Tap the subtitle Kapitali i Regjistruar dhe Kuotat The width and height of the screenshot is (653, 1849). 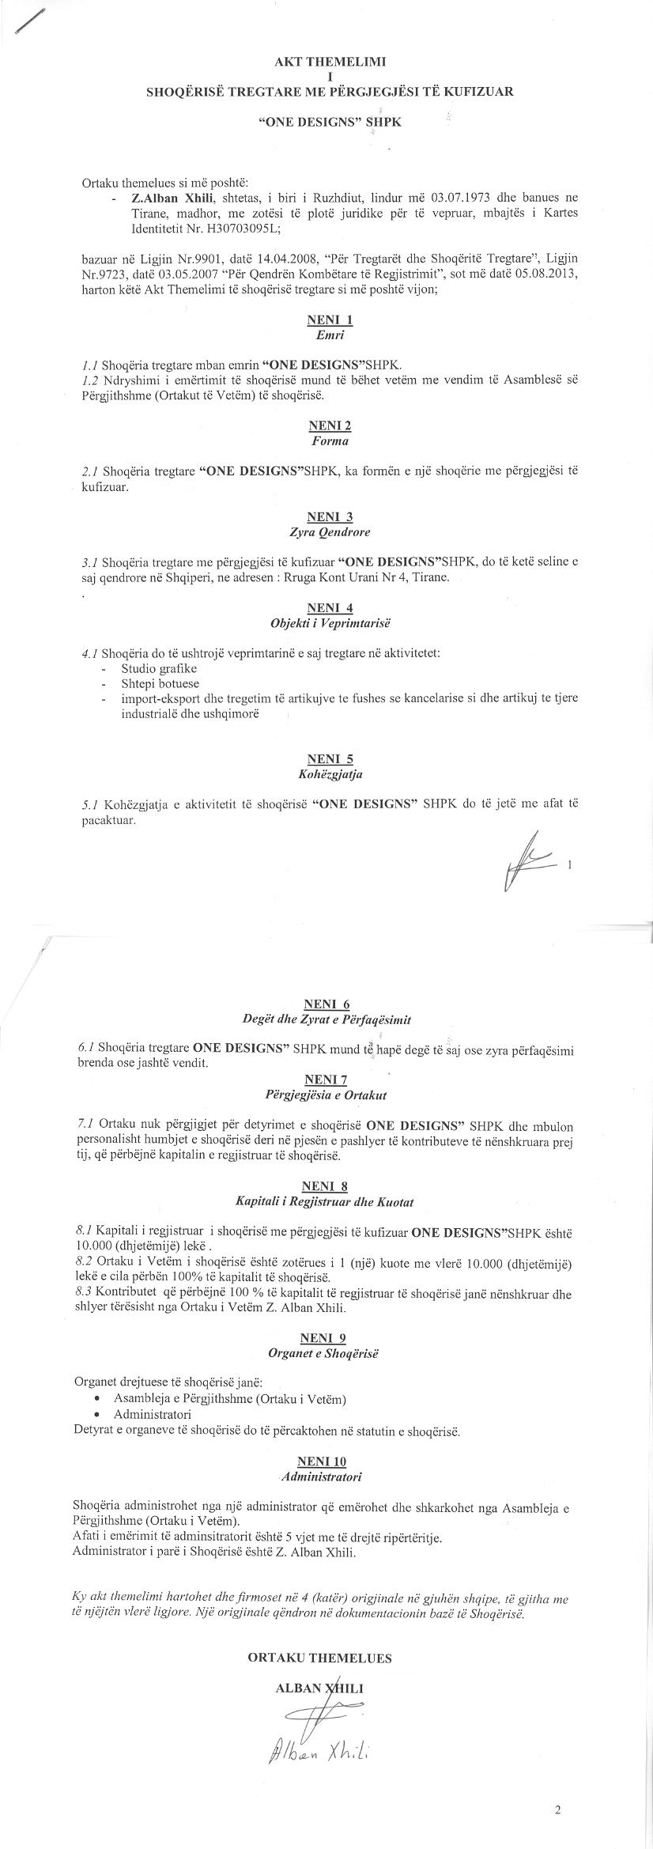[x=324, y=1201]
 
